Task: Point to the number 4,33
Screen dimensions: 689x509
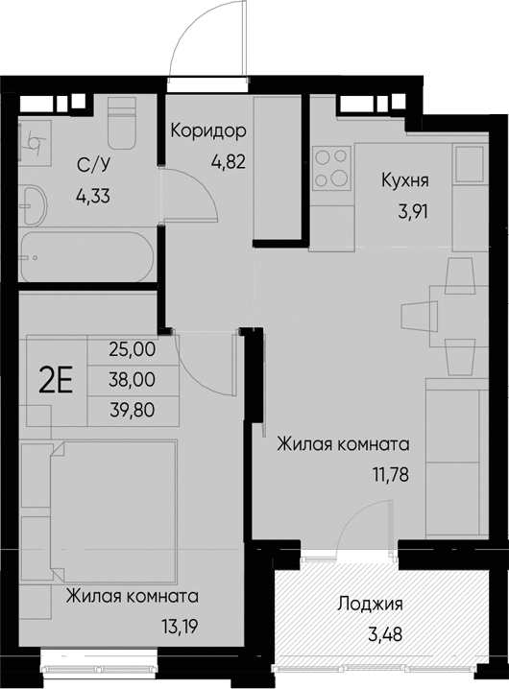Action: [93, 195]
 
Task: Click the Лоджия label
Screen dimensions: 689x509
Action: [369, 605]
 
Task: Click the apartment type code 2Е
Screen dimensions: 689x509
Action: [57, 381]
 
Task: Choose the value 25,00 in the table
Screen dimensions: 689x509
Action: [133, 350]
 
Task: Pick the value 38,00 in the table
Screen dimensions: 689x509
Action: [133, 380]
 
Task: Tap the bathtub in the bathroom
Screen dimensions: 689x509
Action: [87, 255]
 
